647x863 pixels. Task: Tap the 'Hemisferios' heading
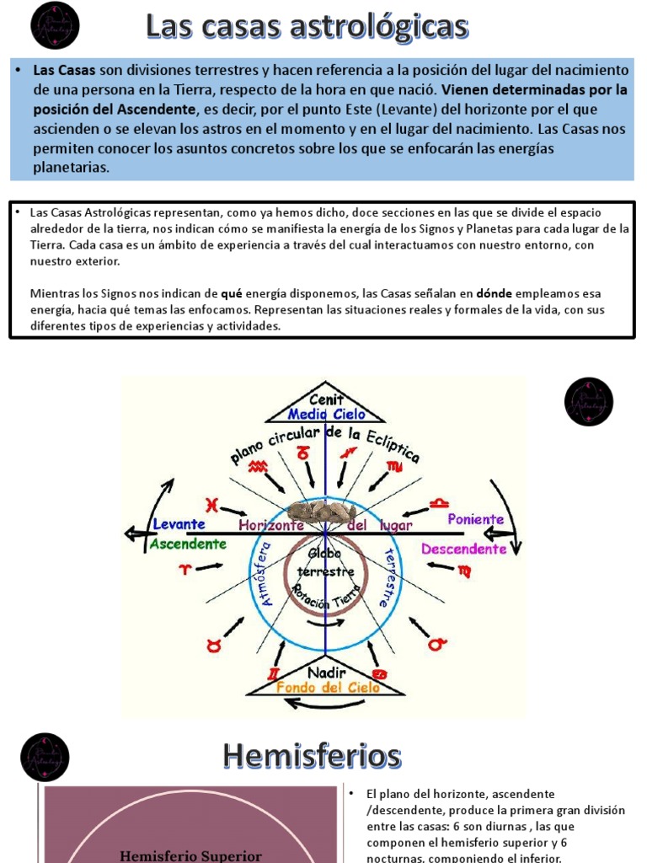pyautogui.click(x=312, y=756)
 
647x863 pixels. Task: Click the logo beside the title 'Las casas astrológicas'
pyautogui.click(x=55, y=25)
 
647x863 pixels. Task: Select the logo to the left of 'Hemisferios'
pyautogui.click(x=45, y=757)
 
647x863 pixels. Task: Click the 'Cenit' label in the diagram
pyautogui.click(x=326, y=399)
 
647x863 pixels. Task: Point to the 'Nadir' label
pyautogui.click(x=326, y=672)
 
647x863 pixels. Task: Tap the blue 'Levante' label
pyautogui.click(x=179, y=523)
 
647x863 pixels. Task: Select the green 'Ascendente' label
pyautogui.click(x=188, y=544)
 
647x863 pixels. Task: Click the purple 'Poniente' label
pyautogui.click(x=476, y=519)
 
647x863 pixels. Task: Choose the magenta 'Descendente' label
pyautogui.click(x=464, y=549)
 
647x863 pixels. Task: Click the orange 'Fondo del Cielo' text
pyautogui.click(x=328, y=687)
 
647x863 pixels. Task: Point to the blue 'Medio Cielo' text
pyautogui.click(x=327, y=414)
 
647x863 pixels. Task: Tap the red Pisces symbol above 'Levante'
pyautogui.click(x=212, y=505)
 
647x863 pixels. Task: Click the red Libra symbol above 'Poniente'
pyautogui.click(x=439, y=503)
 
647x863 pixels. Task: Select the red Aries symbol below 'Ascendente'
pyautogui.click(x=184, y=570)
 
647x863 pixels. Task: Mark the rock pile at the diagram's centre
pyautogui.click(x=327, y=512)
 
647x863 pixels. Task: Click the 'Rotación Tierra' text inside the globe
pyautogui.click(x=324, y=599)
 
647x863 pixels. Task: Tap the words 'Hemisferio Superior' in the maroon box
pyautogui.click(x=190, y=855)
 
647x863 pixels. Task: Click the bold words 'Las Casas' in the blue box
pyautogui.click(x=64, y=69)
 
